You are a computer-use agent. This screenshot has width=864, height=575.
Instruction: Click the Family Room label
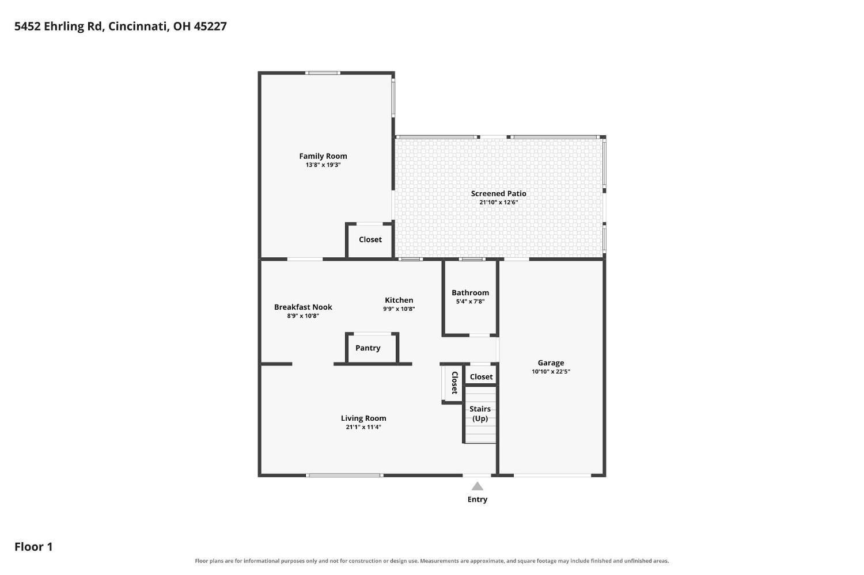323,156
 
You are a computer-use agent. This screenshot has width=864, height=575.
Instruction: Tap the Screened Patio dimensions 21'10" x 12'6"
498,203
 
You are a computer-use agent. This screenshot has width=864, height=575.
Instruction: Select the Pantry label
367,348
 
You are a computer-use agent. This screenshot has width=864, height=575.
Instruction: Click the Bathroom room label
470,292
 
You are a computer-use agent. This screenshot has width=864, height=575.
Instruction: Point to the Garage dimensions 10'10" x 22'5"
551,371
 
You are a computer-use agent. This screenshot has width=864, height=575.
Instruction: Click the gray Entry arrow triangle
477,486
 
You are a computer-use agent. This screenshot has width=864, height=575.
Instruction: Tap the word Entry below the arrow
478,500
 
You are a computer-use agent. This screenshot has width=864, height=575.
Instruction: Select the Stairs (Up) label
480,413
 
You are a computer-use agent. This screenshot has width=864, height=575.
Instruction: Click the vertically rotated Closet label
455,382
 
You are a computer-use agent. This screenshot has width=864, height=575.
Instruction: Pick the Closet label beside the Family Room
370,239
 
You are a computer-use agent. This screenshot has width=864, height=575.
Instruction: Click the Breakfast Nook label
303,307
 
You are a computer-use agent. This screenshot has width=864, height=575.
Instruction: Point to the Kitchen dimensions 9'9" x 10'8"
399,309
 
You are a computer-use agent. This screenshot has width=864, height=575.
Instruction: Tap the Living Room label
363,418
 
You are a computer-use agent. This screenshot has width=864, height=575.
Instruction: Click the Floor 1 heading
33,546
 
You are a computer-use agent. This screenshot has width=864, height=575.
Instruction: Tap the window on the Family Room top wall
323,73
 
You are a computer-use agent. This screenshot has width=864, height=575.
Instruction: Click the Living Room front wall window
344,475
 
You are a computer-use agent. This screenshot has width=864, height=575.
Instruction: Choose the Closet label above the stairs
481,377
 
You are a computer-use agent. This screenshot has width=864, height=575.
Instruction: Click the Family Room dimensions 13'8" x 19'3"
323,165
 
